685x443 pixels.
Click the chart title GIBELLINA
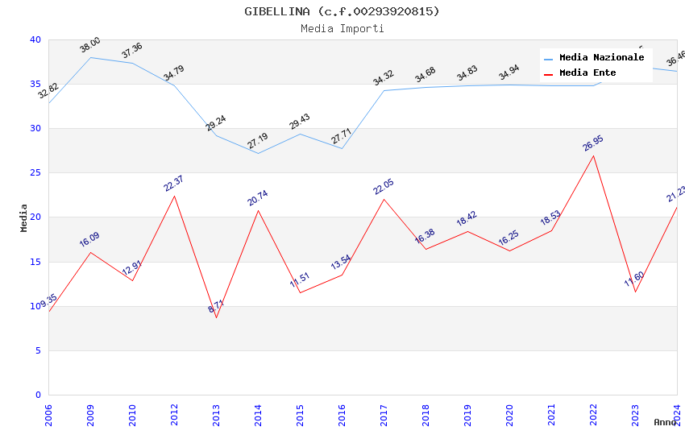pos(342,11)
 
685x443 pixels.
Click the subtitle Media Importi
pos(342,29)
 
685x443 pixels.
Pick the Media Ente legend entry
pos(587,73)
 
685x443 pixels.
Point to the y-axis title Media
pos(24,217)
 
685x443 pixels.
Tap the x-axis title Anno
pos(665,422)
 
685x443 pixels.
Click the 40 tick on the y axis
pos(35,39)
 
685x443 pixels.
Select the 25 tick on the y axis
pos(35,173)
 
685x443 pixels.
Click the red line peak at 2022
pos(593,155)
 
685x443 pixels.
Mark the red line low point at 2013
pos(216,317)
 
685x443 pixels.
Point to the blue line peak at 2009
pos(90,57)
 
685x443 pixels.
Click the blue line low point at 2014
pos(258,153)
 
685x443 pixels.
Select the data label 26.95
pos(593,143)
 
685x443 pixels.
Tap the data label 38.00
pos(90,45)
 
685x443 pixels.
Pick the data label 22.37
pos(174,184)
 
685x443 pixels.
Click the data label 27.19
pos(258,141)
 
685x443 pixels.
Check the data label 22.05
pos(384,187)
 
